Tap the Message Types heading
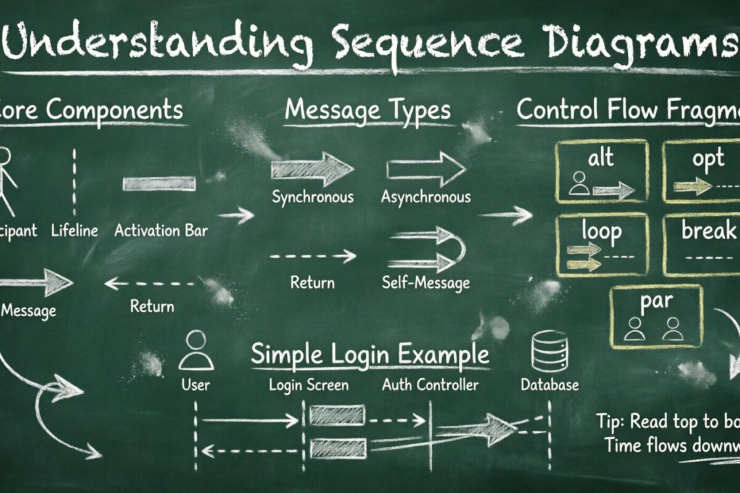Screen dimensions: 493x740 coord(368,110)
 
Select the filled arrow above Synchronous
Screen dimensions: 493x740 coord(312,169)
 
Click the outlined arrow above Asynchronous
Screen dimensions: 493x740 coord(425,169)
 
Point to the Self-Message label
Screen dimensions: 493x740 coord(425,283)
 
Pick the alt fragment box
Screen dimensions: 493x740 coord(602,171)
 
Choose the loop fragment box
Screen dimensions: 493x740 coord(602,244)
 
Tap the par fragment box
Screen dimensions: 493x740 coord(656,316)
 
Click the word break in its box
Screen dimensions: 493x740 coord(710,231)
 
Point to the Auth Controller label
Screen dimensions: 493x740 coord(430,385)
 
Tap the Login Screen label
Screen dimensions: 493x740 coord(308,385)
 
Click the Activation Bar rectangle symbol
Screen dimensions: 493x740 coord(159,184)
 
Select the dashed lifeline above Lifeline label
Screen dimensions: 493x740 coord(75,182)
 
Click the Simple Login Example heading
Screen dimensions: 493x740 coord(369,355)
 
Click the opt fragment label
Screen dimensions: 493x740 coord(708,158)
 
